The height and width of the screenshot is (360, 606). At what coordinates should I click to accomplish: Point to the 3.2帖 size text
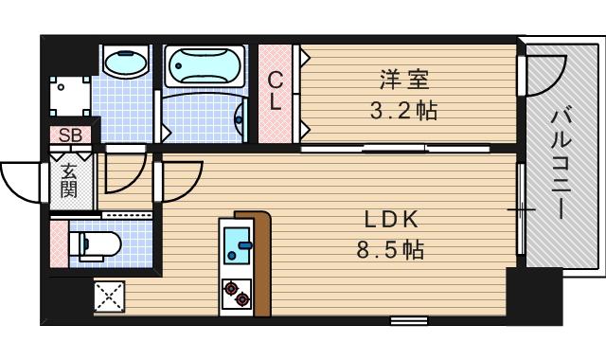click(402, 110)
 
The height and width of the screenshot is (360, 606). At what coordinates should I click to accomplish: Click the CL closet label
click(276, 93)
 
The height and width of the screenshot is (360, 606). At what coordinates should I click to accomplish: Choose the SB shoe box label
click(69, 135)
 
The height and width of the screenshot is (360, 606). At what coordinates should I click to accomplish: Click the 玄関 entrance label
click(69, 180)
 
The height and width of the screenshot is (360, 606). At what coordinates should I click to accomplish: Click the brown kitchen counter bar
click(261, 261)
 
